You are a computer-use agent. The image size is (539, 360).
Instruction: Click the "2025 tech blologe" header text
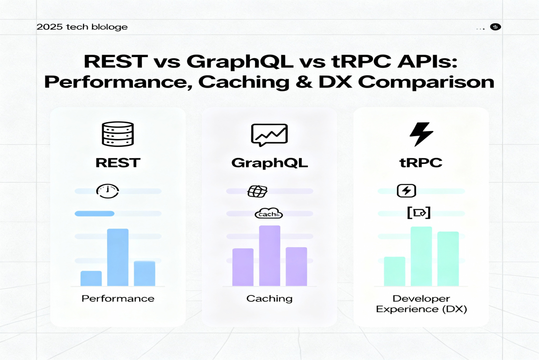pyautogui.click(x=82, y=27)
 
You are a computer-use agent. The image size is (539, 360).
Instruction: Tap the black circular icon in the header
pyautogui.click(x=495, y=27)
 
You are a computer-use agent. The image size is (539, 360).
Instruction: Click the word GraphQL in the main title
pyautogui.click(x=240, y=61)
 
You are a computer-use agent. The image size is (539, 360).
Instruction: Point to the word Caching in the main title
pyautogui.click(x=244, y=82)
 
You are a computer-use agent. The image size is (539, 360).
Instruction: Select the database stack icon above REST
pyautogui.click(x=118, y=134)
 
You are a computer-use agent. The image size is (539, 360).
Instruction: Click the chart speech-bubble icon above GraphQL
pyautogui.click(x=269, y=135)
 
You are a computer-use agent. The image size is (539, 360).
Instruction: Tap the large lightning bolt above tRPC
pyautogui.click(x=421, y=134)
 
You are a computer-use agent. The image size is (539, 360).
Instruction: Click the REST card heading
pyautogui.click(x=118, y=162)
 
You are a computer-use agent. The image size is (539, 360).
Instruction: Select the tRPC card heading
pyautogui.click(x=421, y=162)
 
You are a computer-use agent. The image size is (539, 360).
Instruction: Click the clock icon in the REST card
pyautogui.click(x=108, y=191)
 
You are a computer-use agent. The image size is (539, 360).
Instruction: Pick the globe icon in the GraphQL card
pyautogui.click(x=257, y=191)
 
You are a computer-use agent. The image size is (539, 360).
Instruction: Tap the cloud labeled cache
pyautogui.click(x=269, y=213)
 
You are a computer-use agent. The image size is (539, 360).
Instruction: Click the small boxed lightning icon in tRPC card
pyautogui.click(x=406, y=191)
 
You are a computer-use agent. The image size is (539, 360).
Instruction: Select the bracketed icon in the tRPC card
pyautogui.click(x=419, y=213)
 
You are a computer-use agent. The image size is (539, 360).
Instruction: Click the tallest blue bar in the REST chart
pyautogui.click(x=118, y=257)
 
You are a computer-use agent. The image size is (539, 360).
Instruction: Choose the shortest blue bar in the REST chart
pyautogui.click(x=91, y=279)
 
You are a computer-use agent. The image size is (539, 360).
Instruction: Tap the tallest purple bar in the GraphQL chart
pyautogui.click(x=269, y=256)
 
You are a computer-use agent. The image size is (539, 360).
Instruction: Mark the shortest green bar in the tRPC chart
pyautogui.click(x=394, y=272)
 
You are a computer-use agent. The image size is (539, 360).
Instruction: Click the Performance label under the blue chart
pyautogui.click(x=118, y=299)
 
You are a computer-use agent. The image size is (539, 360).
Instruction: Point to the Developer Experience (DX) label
pyautogui.click(x=422, y=304)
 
